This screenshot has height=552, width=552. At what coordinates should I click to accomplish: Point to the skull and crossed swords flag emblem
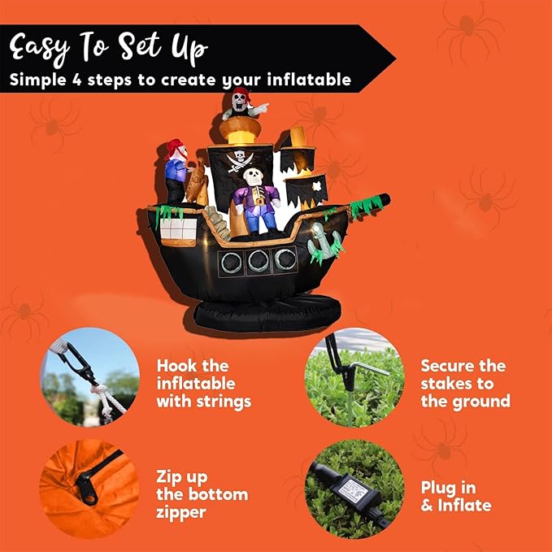tap(241, 159)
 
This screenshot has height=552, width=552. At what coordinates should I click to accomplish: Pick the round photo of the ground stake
tap(349, 376)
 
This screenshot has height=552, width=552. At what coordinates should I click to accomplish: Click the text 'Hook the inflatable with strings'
tap(203, 384)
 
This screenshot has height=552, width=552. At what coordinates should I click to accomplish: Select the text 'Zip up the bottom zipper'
tap(202, 494)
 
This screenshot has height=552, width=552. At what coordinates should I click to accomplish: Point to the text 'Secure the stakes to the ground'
tap(465, 384)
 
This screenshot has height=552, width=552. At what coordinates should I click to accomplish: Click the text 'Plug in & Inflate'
tap(455, 496)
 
